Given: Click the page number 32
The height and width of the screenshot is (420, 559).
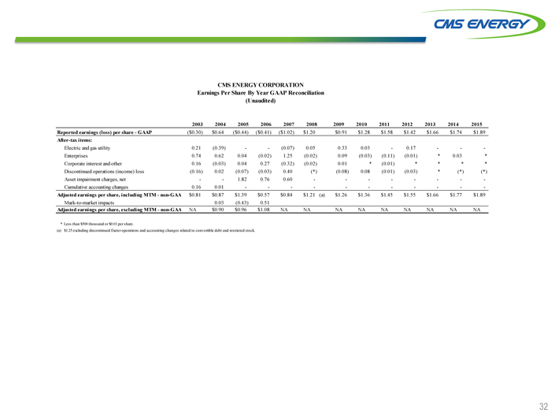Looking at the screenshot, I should tap(543, 407).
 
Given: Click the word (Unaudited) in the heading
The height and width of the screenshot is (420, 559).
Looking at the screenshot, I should tap(261, 101).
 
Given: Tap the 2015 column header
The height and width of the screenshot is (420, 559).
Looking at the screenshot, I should tap(476, 124).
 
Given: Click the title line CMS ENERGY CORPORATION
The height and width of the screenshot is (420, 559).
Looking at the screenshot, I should tap(261, 84).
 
